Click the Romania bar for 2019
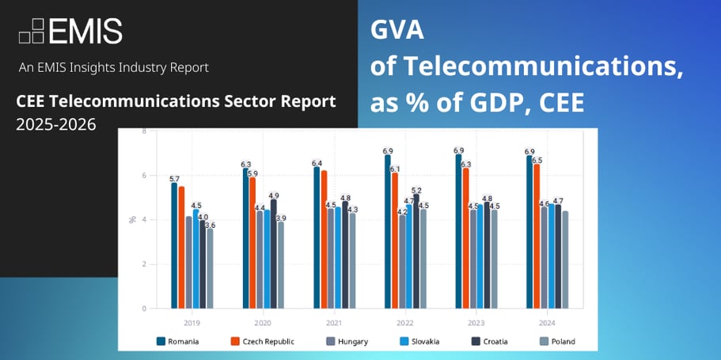pos(174,245)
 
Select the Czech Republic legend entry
pos(262,342)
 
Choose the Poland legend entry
pos(558,342)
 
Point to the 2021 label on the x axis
pos(334,323)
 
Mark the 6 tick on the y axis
pos(143,175)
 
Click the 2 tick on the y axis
pos(143,264)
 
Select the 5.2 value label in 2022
pos(417,190)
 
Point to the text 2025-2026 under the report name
pos(55,124)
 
